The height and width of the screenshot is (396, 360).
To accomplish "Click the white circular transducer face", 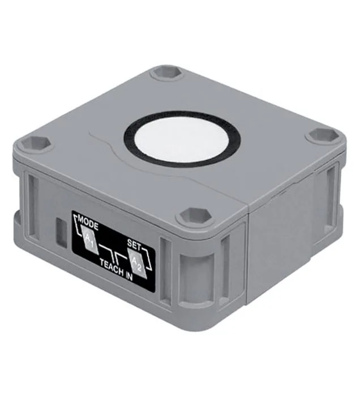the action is (x=182, y=140).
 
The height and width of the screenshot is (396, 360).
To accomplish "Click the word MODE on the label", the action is (x=88, y=222).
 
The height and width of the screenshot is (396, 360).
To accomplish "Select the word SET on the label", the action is (x=134, y=245).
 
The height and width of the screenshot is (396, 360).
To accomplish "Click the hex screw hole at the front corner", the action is (x=195, y=217).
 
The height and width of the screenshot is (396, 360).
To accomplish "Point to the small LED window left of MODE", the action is (x=61, y=233).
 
